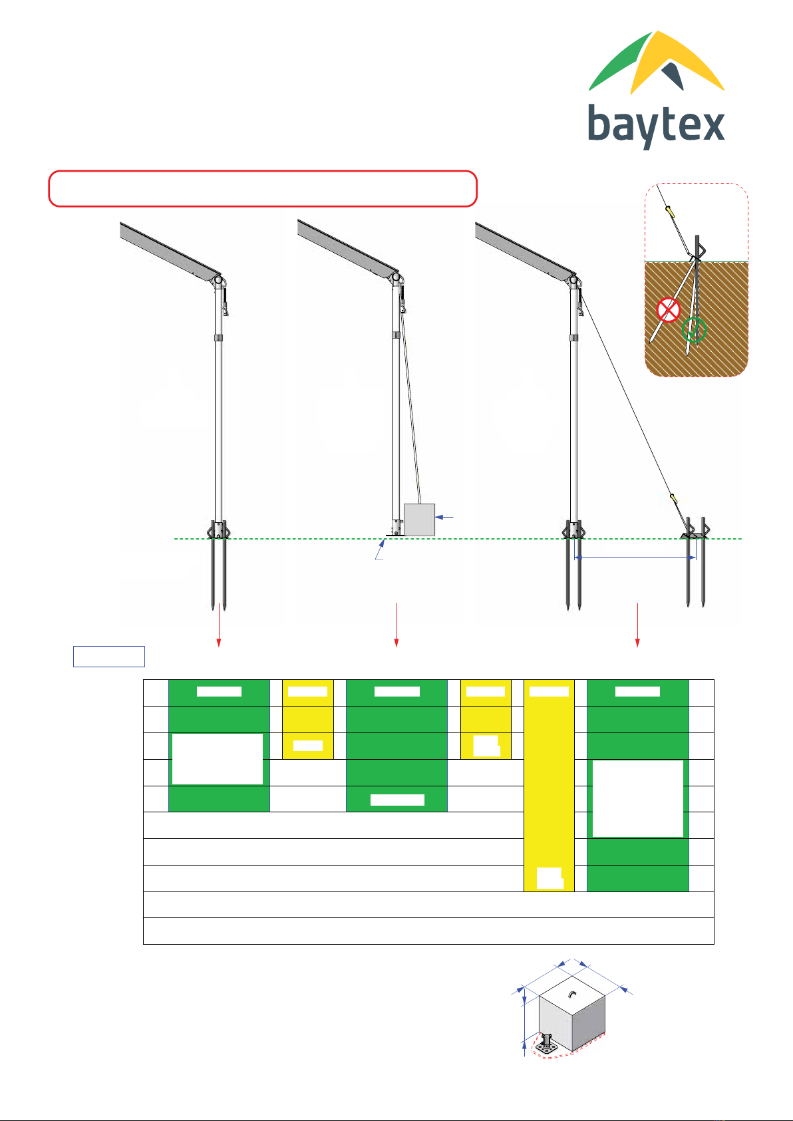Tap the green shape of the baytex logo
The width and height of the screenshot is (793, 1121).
coord(621,63)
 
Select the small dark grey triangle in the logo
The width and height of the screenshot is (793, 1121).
coord(673,75)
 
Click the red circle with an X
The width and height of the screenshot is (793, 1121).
coord(669,310)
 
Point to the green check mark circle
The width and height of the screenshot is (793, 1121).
coord(694,330)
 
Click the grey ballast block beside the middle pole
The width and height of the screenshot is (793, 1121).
coord(419,520)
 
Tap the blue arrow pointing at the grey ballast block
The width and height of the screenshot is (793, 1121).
coord(444,517)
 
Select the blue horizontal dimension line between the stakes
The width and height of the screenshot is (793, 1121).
coord(635,557)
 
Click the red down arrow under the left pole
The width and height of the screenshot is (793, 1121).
coord(219,625)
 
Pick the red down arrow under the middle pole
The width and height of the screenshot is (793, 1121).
coord(397,625)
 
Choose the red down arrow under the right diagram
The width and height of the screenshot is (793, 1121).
coord(637,625)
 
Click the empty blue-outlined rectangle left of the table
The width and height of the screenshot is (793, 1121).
coord(109,657)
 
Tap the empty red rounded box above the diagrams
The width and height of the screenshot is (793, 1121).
coord(263,189)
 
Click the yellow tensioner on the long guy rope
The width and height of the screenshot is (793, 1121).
coord(673,498)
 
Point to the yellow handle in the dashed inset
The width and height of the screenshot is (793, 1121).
coord(671,212)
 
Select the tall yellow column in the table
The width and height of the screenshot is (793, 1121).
coord(549,785)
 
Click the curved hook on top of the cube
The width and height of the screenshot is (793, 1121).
coord(573,995)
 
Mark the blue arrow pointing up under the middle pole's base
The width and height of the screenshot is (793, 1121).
coord(381,549)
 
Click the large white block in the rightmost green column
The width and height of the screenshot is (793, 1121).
coord(638,799)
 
